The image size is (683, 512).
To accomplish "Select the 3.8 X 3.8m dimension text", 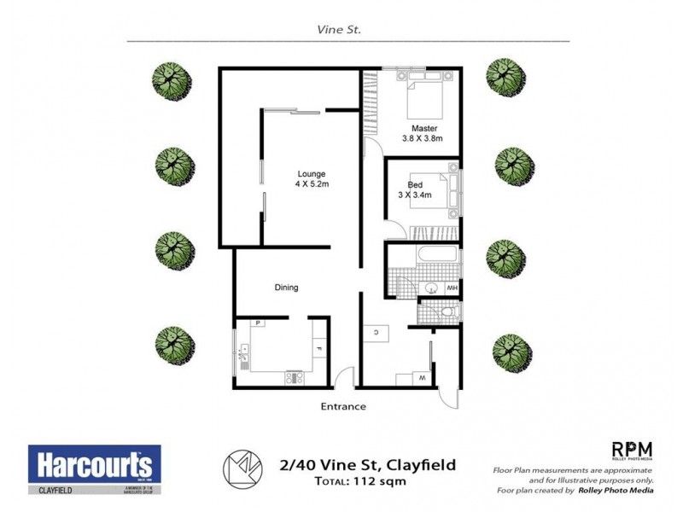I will point(422,139).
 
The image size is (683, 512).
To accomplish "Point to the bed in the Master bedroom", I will point(423,97).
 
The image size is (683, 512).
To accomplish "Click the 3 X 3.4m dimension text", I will point(415,195).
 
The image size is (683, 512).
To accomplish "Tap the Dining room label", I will point(286,288).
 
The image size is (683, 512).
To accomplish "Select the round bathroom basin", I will point(432,288).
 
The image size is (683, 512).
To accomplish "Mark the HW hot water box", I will point(452,288).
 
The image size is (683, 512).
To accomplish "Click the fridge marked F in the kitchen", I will point(318,348).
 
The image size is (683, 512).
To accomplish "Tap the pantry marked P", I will point(258,323).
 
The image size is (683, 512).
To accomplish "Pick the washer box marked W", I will point(422,377).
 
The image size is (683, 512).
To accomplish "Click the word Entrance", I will point(343,406).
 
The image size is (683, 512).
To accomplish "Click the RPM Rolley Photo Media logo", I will point(632,451).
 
